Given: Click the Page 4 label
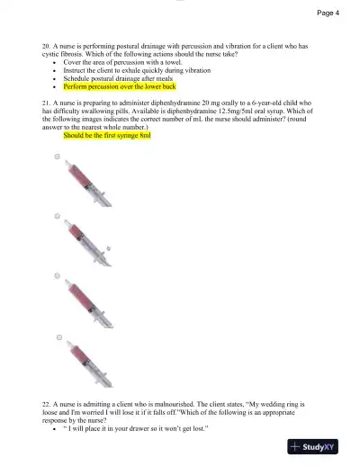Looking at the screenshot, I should [x=328, y=13].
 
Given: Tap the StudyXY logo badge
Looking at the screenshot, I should [x=319, y=445].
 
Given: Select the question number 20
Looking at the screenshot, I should [x=45, y=44].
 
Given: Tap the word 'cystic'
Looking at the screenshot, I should [x=52, y=52].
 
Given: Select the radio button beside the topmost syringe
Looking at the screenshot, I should [x=58, y=157].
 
